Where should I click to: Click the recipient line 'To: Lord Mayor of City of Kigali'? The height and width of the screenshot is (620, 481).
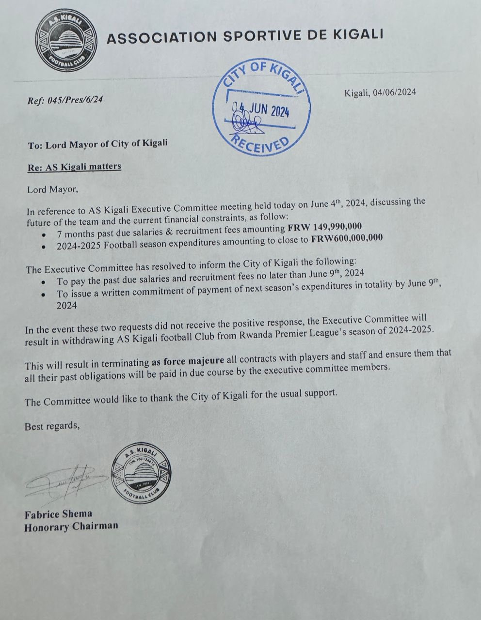(98, 144)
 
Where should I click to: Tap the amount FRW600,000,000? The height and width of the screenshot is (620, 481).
(347, 238)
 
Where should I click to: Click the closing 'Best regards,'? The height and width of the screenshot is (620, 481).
(52, 426)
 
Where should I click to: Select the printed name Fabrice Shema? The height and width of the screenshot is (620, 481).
(58, 514)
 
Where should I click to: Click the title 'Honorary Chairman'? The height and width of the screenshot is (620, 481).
(71, 527)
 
